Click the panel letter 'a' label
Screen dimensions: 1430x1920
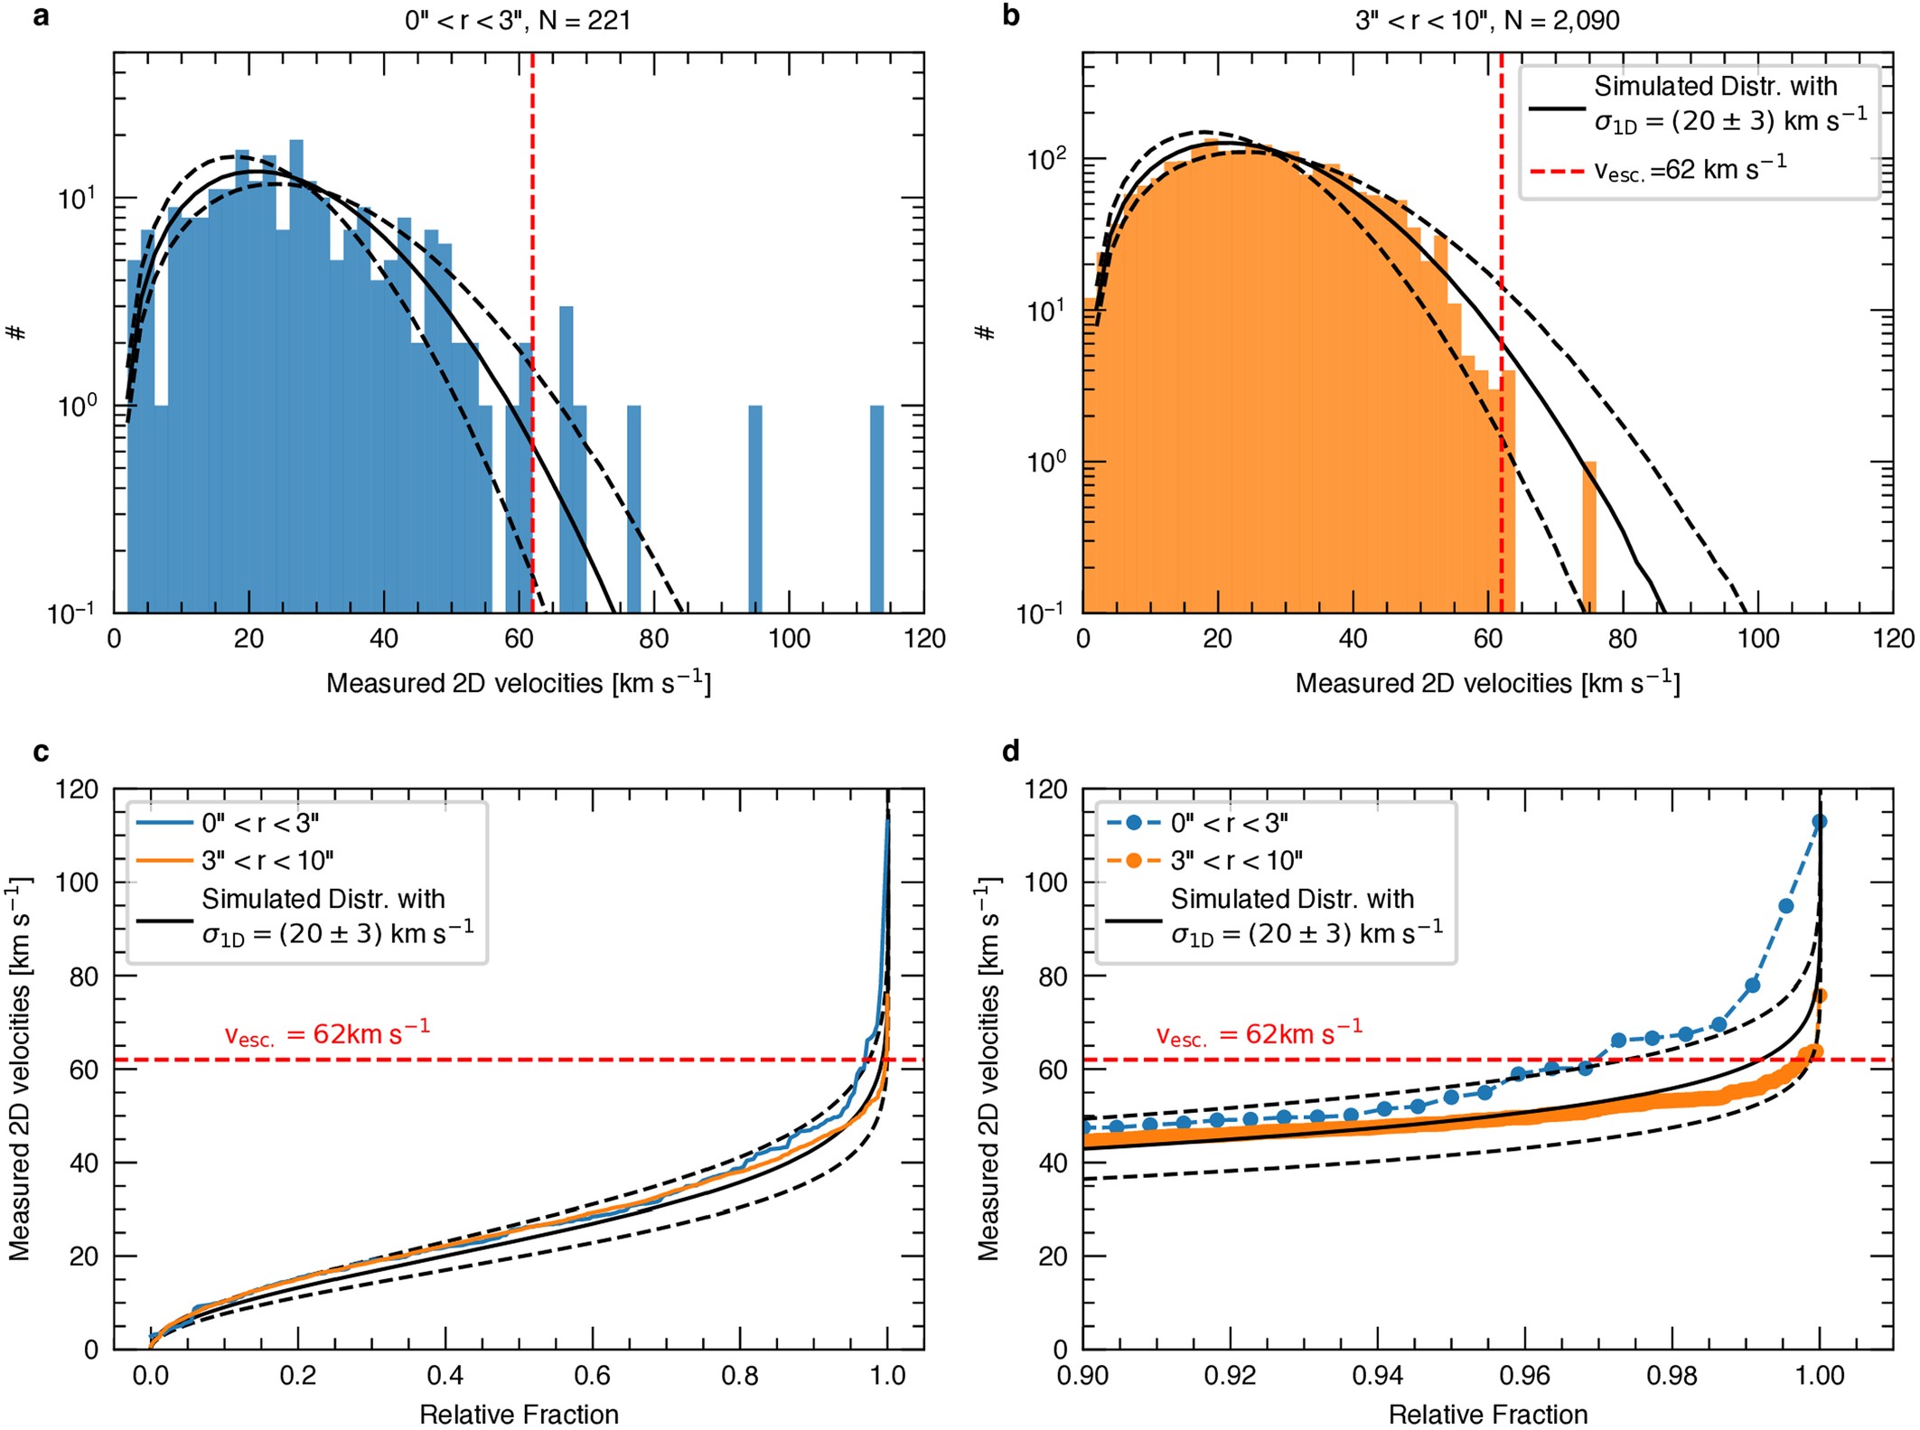(40, 16)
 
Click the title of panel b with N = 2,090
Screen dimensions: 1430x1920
(1487, 20)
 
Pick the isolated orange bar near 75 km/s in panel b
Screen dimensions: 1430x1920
(1589, 537)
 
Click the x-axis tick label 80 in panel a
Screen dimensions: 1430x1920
(653, 640)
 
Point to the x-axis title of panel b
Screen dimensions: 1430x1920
(1487, 683)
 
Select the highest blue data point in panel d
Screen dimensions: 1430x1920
(1820, 821)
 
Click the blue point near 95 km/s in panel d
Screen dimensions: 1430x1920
(1786, 906)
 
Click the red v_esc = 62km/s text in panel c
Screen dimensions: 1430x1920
(327, 1033)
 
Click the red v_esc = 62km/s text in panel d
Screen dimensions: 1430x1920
(1260, 1033)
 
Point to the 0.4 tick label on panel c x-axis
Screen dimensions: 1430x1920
(445, 1376)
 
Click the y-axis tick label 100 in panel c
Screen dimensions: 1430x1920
(78, 883)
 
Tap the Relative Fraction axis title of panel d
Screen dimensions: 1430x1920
(1487, 1414)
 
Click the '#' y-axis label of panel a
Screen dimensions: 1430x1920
(17, 332)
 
